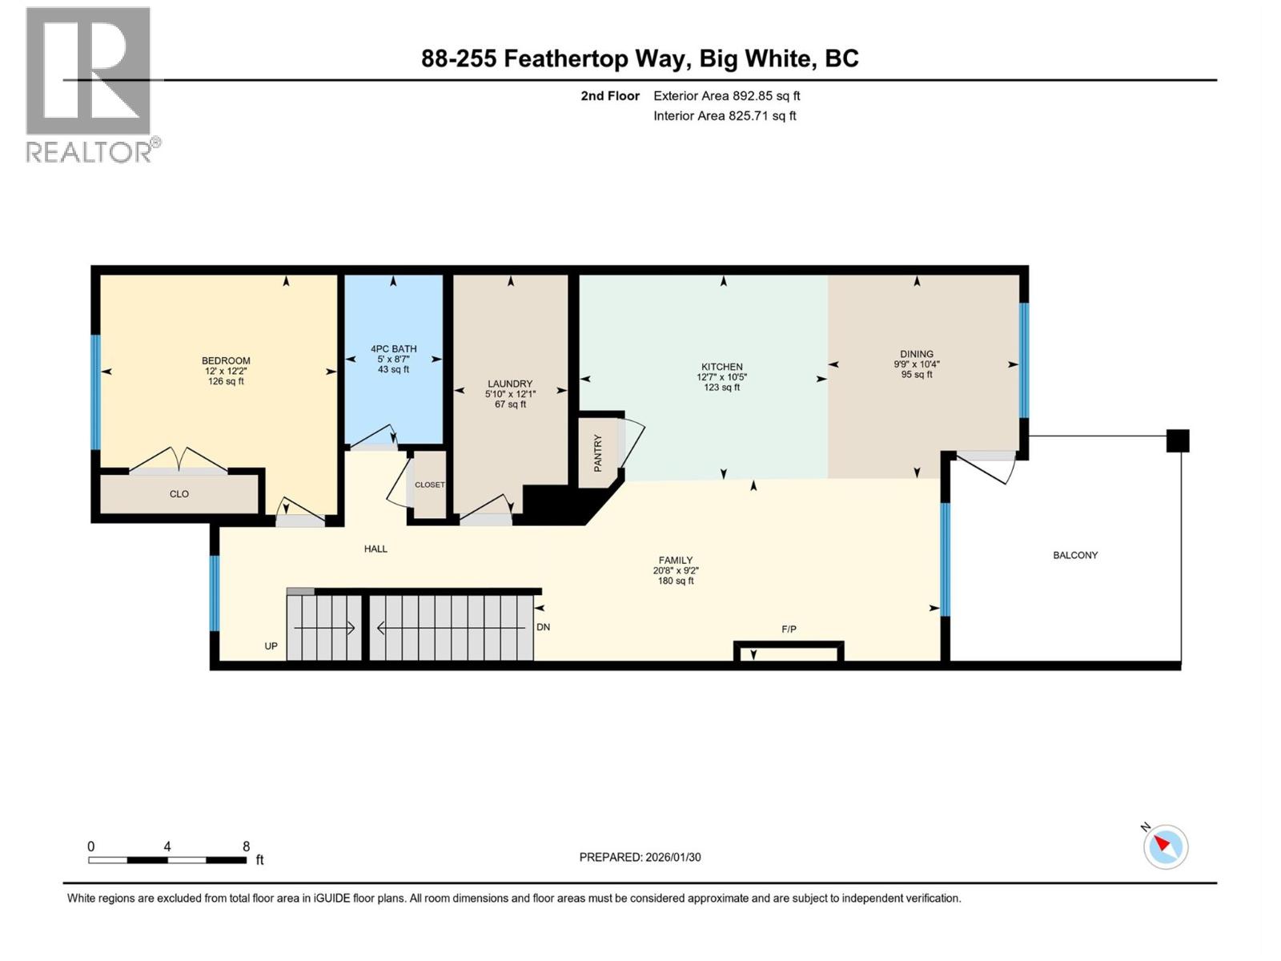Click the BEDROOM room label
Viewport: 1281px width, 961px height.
tap(226, 361)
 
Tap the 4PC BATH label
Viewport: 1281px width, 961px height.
tap(393, 349)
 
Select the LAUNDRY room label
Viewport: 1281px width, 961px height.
tap(510, 384)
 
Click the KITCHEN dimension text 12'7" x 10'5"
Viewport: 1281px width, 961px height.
tap(721, 377)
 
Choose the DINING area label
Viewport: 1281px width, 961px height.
tap(916, 354)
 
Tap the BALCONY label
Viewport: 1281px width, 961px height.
tap(1074, 555)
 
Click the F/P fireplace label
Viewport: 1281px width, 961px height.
tap(789, 629)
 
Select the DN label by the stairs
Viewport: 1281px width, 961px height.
tap(543, 627)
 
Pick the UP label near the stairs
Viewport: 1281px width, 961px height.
tap(271, 646)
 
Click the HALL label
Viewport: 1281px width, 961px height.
tap(375, 549)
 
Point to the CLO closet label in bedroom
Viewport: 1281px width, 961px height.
tap(179, 494)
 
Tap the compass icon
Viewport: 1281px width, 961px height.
tap(1166, 846)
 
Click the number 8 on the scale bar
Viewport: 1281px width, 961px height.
tap(246, 846)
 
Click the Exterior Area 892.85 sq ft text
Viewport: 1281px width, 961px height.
tap(726, 96)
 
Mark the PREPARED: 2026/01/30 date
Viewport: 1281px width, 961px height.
tap(640, 857)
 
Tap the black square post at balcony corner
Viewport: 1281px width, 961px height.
tap(1177, 440)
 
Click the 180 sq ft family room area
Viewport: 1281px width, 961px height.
tap(675, 581)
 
